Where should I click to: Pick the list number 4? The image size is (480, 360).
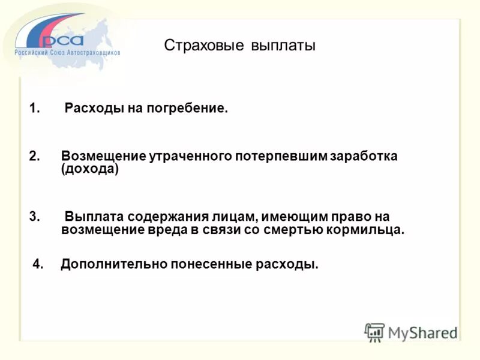pyautogui.click(x=38, y=265)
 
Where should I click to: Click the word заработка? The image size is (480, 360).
pyautogui.click(x=365, y=157)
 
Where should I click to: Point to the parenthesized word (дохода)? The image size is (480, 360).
pyautogui.click(x=90, y=170)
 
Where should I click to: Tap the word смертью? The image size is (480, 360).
pyautogui.click(x=295, y=230)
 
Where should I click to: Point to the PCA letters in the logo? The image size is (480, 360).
pyautogui.click(x=63, y=40)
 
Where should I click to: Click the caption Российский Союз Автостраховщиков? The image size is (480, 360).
pyautogui.click(x=67, y=53)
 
